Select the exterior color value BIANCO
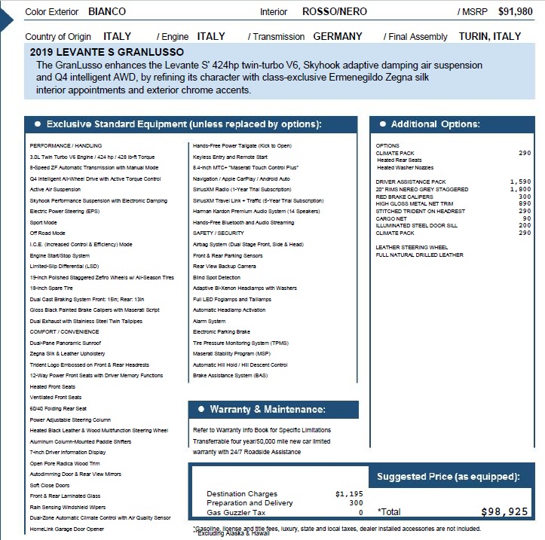pos(107,11)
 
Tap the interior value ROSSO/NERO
pos(335,11)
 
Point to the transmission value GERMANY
pos(338,36)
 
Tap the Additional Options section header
pos(435,124)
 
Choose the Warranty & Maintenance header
pos(268,409)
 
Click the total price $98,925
pos(504,511)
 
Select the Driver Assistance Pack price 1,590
pos(520,182)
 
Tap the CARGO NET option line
pos(391,218)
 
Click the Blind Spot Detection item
pos(217,277)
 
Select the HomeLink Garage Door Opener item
pos(66,529)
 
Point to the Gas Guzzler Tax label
pos(237,512)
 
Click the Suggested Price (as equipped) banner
pos(448,476)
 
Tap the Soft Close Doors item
pos(50,485)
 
